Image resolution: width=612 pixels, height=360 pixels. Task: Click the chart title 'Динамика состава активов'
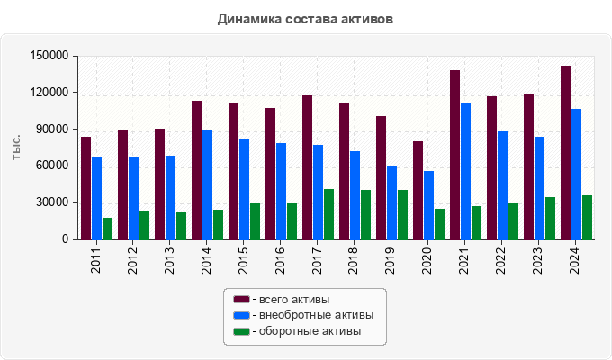[305, 18]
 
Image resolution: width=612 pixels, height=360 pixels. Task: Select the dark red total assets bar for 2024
[565, 152]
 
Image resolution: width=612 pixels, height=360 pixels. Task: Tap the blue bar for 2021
[465, 171]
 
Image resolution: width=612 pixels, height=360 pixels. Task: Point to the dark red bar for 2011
[85, 188]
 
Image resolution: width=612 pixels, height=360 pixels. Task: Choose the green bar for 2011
[107, 229]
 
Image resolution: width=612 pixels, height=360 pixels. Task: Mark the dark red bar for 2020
[418, 190]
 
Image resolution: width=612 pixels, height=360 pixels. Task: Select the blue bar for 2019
[391, 202]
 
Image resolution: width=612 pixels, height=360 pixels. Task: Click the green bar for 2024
[587, 217]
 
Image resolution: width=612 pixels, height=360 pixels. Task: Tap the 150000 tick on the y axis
[49, 56]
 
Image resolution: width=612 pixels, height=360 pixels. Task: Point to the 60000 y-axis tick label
[52, 166]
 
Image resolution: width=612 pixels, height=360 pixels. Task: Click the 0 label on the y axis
[65, 240]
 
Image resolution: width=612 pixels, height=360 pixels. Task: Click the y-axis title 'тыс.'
[17, 148]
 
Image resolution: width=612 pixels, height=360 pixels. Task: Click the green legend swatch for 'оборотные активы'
[241, 331]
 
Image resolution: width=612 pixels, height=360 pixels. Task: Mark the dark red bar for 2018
[344, 171]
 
